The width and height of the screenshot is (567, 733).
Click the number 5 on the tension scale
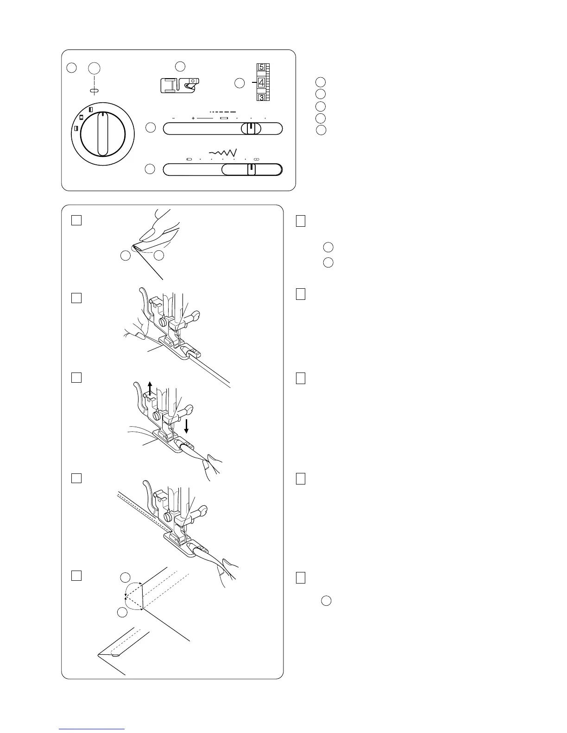click(262, 67)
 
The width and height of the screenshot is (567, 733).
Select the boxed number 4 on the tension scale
click(262, 83)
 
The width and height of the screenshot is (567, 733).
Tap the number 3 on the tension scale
click(262, 98)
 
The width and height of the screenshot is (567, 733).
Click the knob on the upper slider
click(251, 129)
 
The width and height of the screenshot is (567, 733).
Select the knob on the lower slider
click(251, 170)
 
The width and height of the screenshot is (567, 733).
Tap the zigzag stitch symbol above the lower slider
click(223, 152)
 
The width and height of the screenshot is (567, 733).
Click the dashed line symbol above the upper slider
click(223, 112)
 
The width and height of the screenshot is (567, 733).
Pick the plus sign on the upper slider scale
click(193, 118)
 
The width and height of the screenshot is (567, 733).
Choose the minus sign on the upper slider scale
click(173, 118)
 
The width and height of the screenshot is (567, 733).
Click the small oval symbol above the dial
click(94, 90)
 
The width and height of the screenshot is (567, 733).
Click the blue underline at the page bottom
click(92, 729)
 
